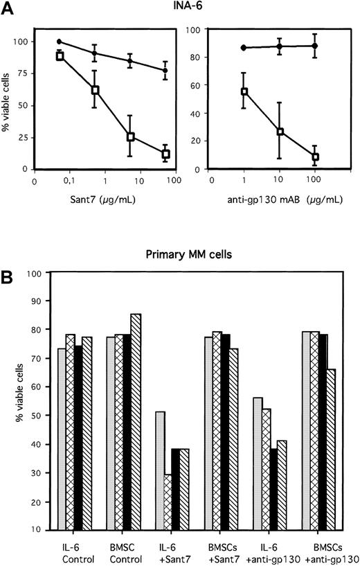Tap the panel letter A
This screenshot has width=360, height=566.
click(x=8, y=8)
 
